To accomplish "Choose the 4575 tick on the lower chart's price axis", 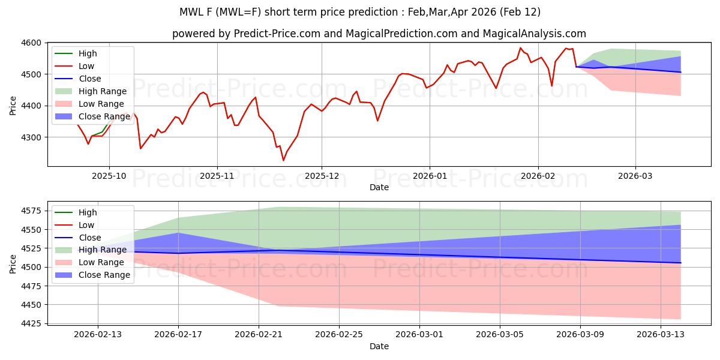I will point(31,211).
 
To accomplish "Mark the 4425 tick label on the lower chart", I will point(31,324).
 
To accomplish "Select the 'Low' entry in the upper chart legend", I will point(86,67).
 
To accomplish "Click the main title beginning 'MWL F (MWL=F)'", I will point(359,12).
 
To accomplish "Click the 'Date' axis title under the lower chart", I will point(379,347).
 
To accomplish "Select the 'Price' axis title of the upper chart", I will point(13,104).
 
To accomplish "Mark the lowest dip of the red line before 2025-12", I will point(283,160).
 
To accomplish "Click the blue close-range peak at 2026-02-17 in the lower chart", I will point(178,233).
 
